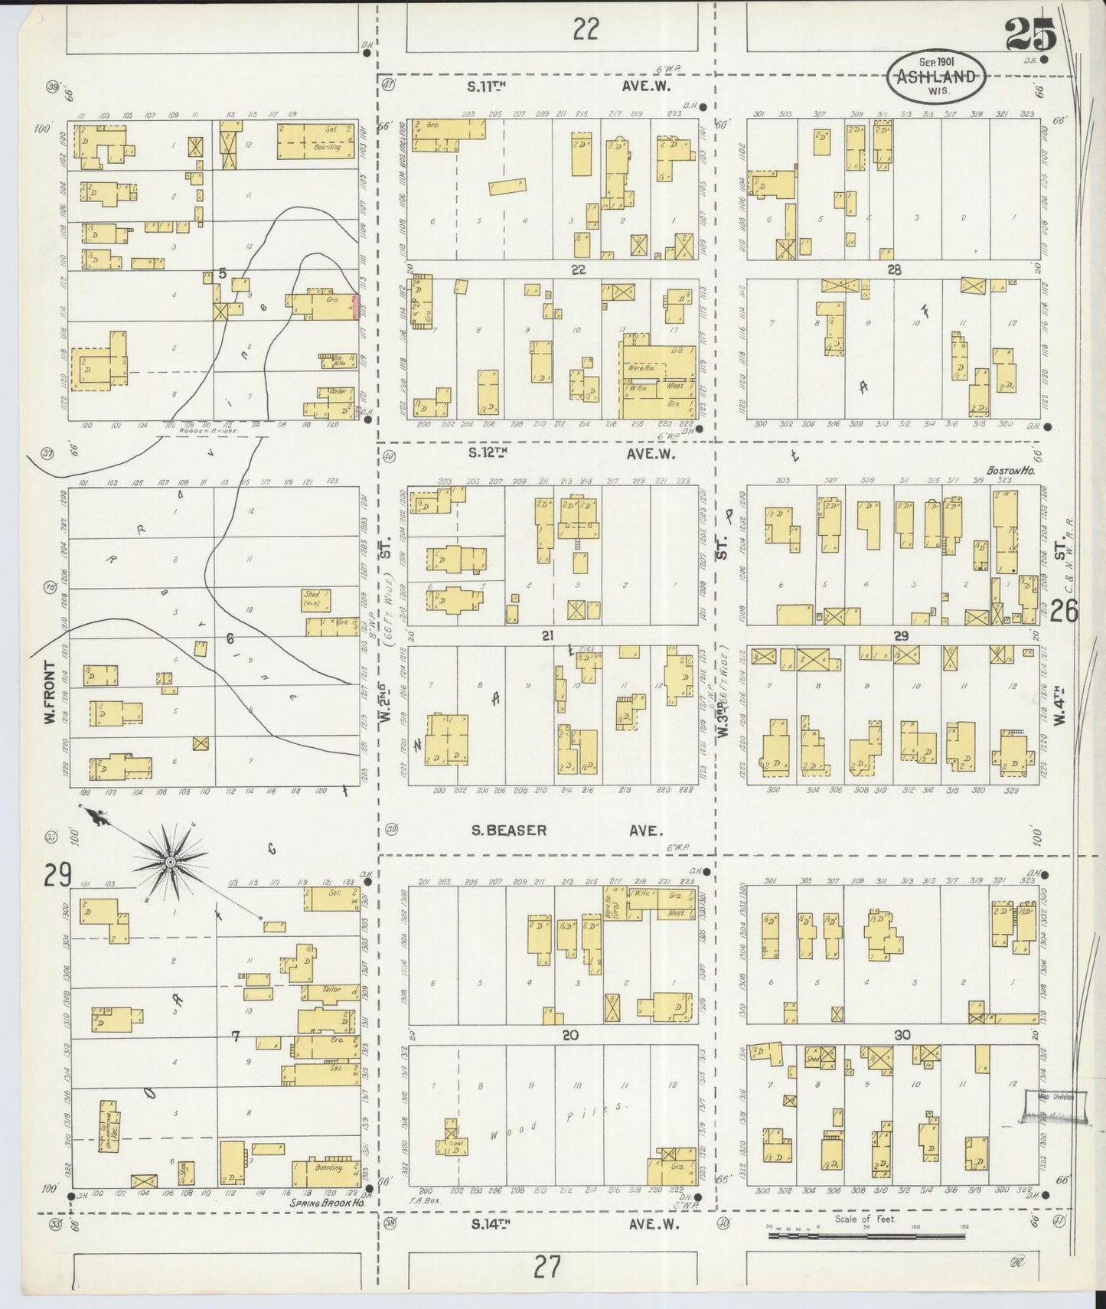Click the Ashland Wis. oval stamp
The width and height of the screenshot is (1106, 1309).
point(937,76)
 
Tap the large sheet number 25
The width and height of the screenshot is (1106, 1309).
point(1030,34)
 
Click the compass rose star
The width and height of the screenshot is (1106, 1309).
point(170,862)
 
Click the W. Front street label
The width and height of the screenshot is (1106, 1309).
point(51,694)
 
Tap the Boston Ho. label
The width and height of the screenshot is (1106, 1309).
point(1010,472)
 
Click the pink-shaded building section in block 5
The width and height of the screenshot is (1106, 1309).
point(355,307)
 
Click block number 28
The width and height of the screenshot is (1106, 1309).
point(893,269)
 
